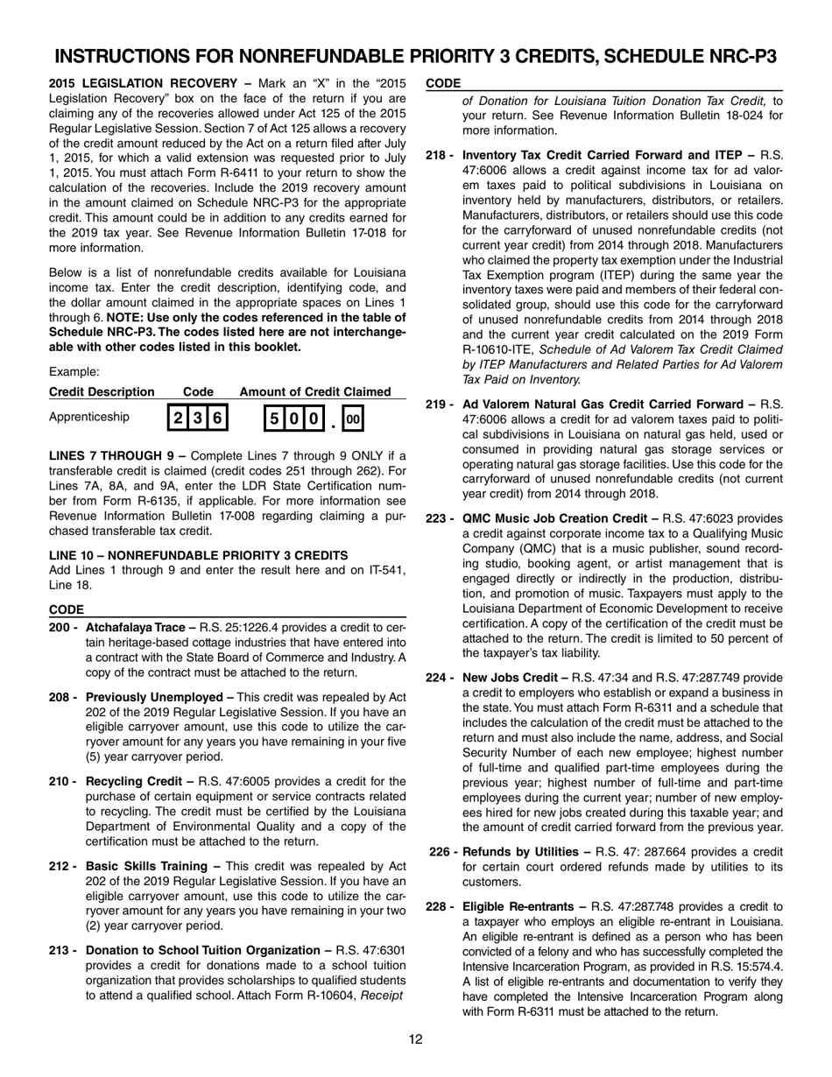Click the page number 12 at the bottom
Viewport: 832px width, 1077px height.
pyautogui.click(x=416, y=1039)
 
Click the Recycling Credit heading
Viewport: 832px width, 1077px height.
pyautogui.click(x=130, y=781)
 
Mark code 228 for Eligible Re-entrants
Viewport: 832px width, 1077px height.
pyautogui.click(x=437, y=906)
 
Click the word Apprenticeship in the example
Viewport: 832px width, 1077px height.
pyautogui.click(x=89, y=417)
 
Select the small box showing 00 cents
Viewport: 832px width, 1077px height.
pyautogui.click(x=352, y=419)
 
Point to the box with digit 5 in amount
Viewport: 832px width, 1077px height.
pyautogui.click(x=274, y=419)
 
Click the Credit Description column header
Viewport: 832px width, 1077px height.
pyautogui.click(x=102, y=391)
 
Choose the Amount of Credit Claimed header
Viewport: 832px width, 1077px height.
pyautogui.click(x=315, y=391)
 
